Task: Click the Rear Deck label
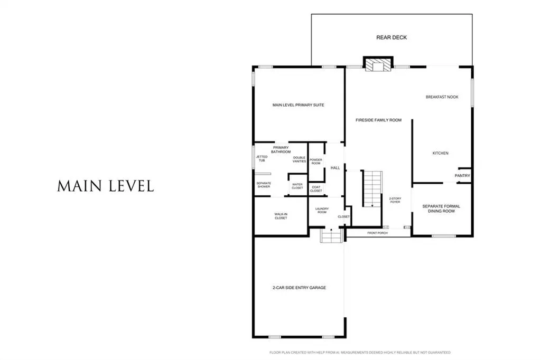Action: [391, 37]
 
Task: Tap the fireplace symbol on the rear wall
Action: [378, 64]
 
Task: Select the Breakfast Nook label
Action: [442, 97]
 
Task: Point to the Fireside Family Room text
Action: [378, 120]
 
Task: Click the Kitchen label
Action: [441, 153]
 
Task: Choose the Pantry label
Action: [462, 176]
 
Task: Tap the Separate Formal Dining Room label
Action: [441, 209]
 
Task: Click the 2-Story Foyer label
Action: [395, 200]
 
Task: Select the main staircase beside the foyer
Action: [372, 188]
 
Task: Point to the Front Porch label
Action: [377, 233]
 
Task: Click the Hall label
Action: [335, 168]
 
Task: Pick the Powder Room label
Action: [316, 162]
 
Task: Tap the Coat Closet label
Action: [316, 189]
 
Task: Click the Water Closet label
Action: [297, 186]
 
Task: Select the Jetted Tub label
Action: [262, 158]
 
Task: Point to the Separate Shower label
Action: [264, 185]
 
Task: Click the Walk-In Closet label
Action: [281, 216]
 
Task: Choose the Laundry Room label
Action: [322, 210]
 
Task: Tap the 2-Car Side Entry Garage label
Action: [299, 288]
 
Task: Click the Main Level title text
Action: [106, 186]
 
